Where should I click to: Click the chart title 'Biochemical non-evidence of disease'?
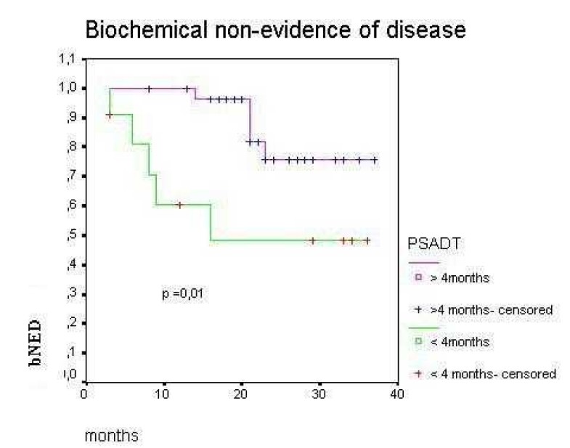coord(275,31)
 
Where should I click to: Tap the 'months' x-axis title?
coord(111,436)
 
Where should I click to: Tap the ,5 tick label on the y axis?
coord(69,235)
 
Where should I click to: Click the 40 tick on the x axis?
coord(396,394)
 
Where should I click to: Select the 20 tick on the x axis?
coord(241,394)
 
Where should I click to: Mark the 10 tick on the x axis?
coord(163,394)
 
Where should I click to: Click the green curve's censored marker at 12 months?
coord(179,205)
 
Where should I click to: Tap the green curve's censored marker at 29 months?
coord(312,240)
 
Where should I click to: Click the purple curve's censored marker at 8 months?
coord(149,89)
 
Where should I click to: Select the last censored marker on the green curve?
coord(367,240)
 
